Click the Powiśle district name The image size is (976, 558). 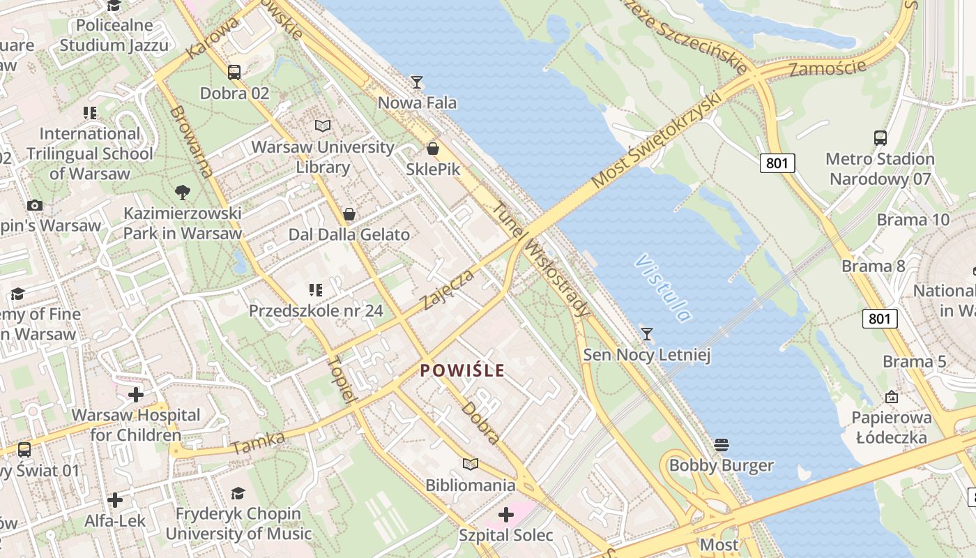pyautogui.click(x=462, y=370)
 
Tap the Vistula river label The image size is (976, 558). pyautogui.click(x=663, y=288)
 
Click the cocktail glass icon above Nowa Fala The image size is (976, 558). pyautogui.click(x=417, y=82)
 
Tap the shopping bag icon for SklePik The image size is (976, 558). pyautogui.click(x=433, y=149)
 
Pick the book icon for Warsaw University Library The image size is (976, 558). pyautogui.click(x=323, y=126)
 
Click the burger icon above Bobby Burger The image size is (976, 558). pyautogui.click(x=722, y=444)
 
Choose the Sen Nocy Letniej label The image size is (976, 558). pyautogui.click(x=647, y=355)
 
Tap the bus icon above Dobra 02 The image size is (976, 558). pyautogui.click(x=234, y=72)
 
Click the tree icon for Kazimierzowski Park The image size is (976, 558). pyautogui.click(x=183, y=191)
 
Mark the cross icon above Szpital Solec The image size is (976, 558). pyautogui.click(x=506, y=515)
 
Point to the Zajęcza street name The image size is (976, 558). pyautogui.click(x=448, y=289)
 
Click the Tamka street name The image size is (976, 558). pyautogui.click(x=259, y=442)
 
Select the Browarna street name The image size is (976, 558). pyautogui.click(x=190, y=141)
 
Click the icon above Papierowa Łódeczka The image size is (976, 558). pyautogui.click(x=891, y=397)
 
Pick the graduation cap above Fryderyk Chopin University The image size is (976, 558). pyautogui.click(x=238, y=493)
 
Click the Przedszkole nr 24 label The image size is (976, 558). pyautogui.click(x=316, y=310)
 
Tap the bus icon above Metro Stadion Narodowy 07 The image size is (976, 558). pyautogui.click(x=880, y=137)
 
